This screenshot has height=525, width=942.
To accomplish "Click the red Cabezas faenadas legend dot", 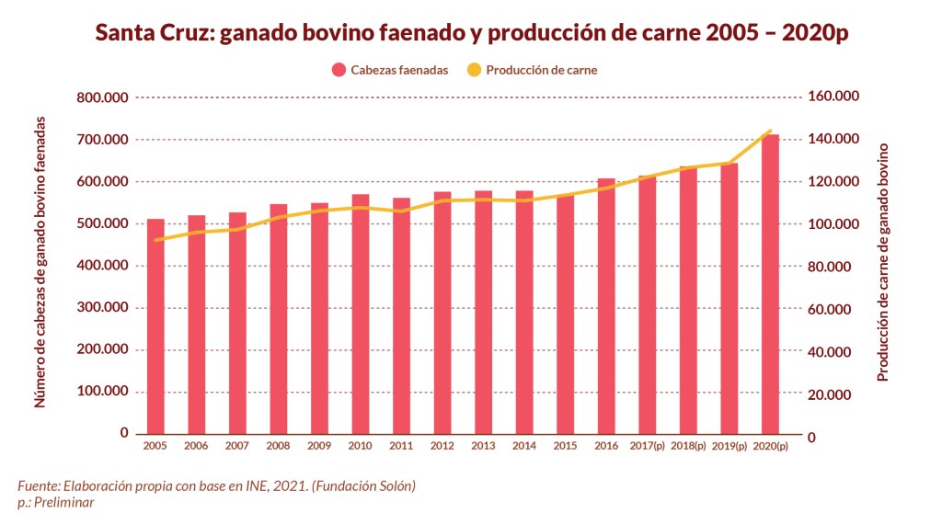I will (338, 70).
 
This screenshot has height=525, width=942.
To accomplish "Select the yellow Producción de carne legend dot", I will (474, 70).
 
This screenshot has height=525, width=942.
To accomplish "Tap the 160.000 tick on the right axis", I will (833, 97).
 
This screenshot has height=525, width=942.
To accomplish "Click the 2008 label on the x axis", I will (278, 446).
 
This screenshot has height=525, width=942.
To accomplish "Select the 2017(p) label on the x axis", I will (647, 446).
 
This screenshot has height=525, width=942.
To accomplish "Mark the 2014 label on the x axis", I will (524, 446).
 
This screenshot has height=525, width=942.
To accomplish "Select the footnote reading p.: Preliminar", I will (56, 502).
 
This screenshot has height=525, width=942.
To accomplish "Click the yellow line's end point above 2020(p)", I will (770, 131).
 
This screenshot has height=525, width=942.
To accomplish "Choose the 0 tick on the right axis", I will (811, 438).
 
